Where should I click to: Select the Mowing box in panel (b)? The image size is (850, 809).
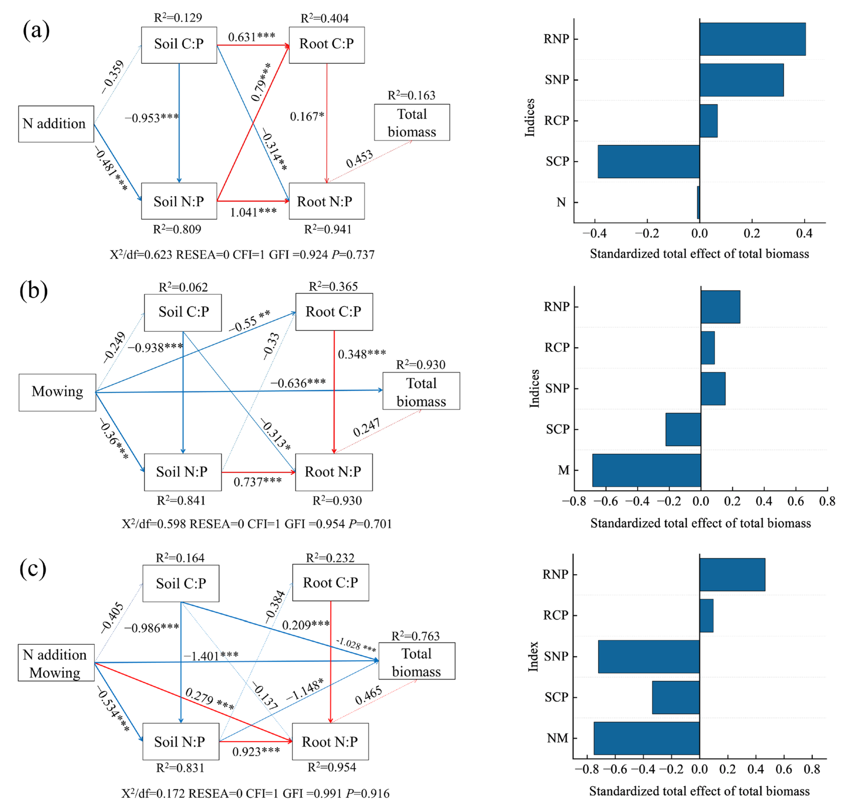click(x=57, y=392)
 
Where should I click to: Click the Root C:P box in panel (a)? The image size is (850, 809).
click(x=326, y=45)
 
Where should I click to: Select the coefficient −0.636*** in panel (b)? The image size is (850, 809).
click(x=298, y=383)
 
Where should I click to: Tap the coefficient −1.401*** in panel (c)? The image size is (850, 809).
click(x=211, y=656)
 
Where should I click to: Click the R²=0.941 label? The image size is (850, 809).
click(x=328, y=229)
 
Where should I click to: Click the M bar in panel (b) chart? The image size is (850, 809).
click(x=646, y=470)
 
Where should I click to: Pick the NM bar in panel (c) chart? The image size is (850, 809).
click(x=646, y=738)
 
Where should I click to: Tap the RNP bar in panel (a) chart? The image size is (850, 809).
click(x=752, y=39)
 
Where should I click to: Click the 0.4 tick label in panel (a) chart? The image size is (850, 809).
click(x=804, y=234)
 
